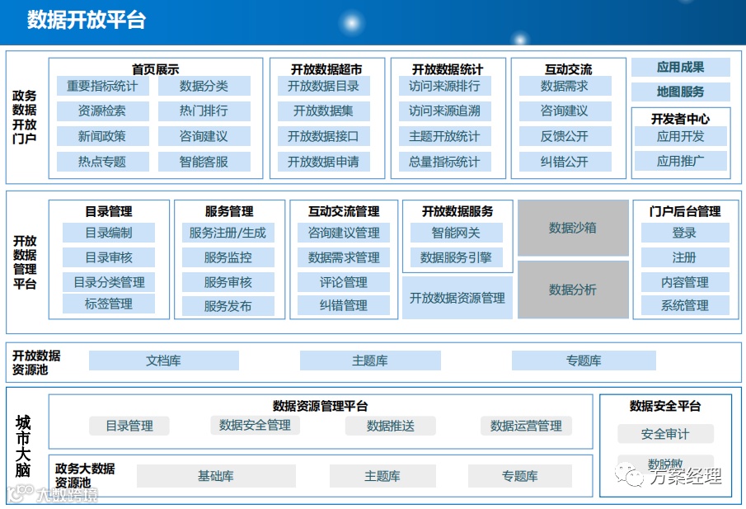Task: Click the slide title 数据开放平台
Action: (86, 20)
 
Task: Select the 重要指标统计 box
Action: (102, 86)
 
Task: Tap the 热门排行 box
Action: (204, 111)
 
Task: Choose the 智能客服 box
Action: (204, 162)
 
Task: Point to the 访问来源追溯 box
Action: (444, 111)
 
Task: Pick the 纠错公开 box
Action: (565, 162)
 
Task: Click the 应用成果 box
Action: (680, 68)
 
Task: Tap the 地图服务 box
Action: (680, 92)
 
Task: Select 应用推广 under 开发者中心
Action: (680, 161)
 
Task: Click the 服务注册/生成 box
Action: (228, 233)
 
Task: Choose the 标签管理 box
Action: (108, 304)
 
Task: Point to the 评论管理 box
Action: (343, 282)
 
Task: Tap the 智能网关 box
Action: (456, 233)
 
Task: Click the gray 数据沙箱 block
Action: (573, 228)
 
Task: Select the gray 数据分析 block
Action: (573, 290)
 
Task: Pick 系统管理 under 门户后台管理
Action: (684, 305)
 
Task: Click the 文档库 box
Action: (163, 361)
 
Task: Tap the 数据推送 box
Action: (390, 426)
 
